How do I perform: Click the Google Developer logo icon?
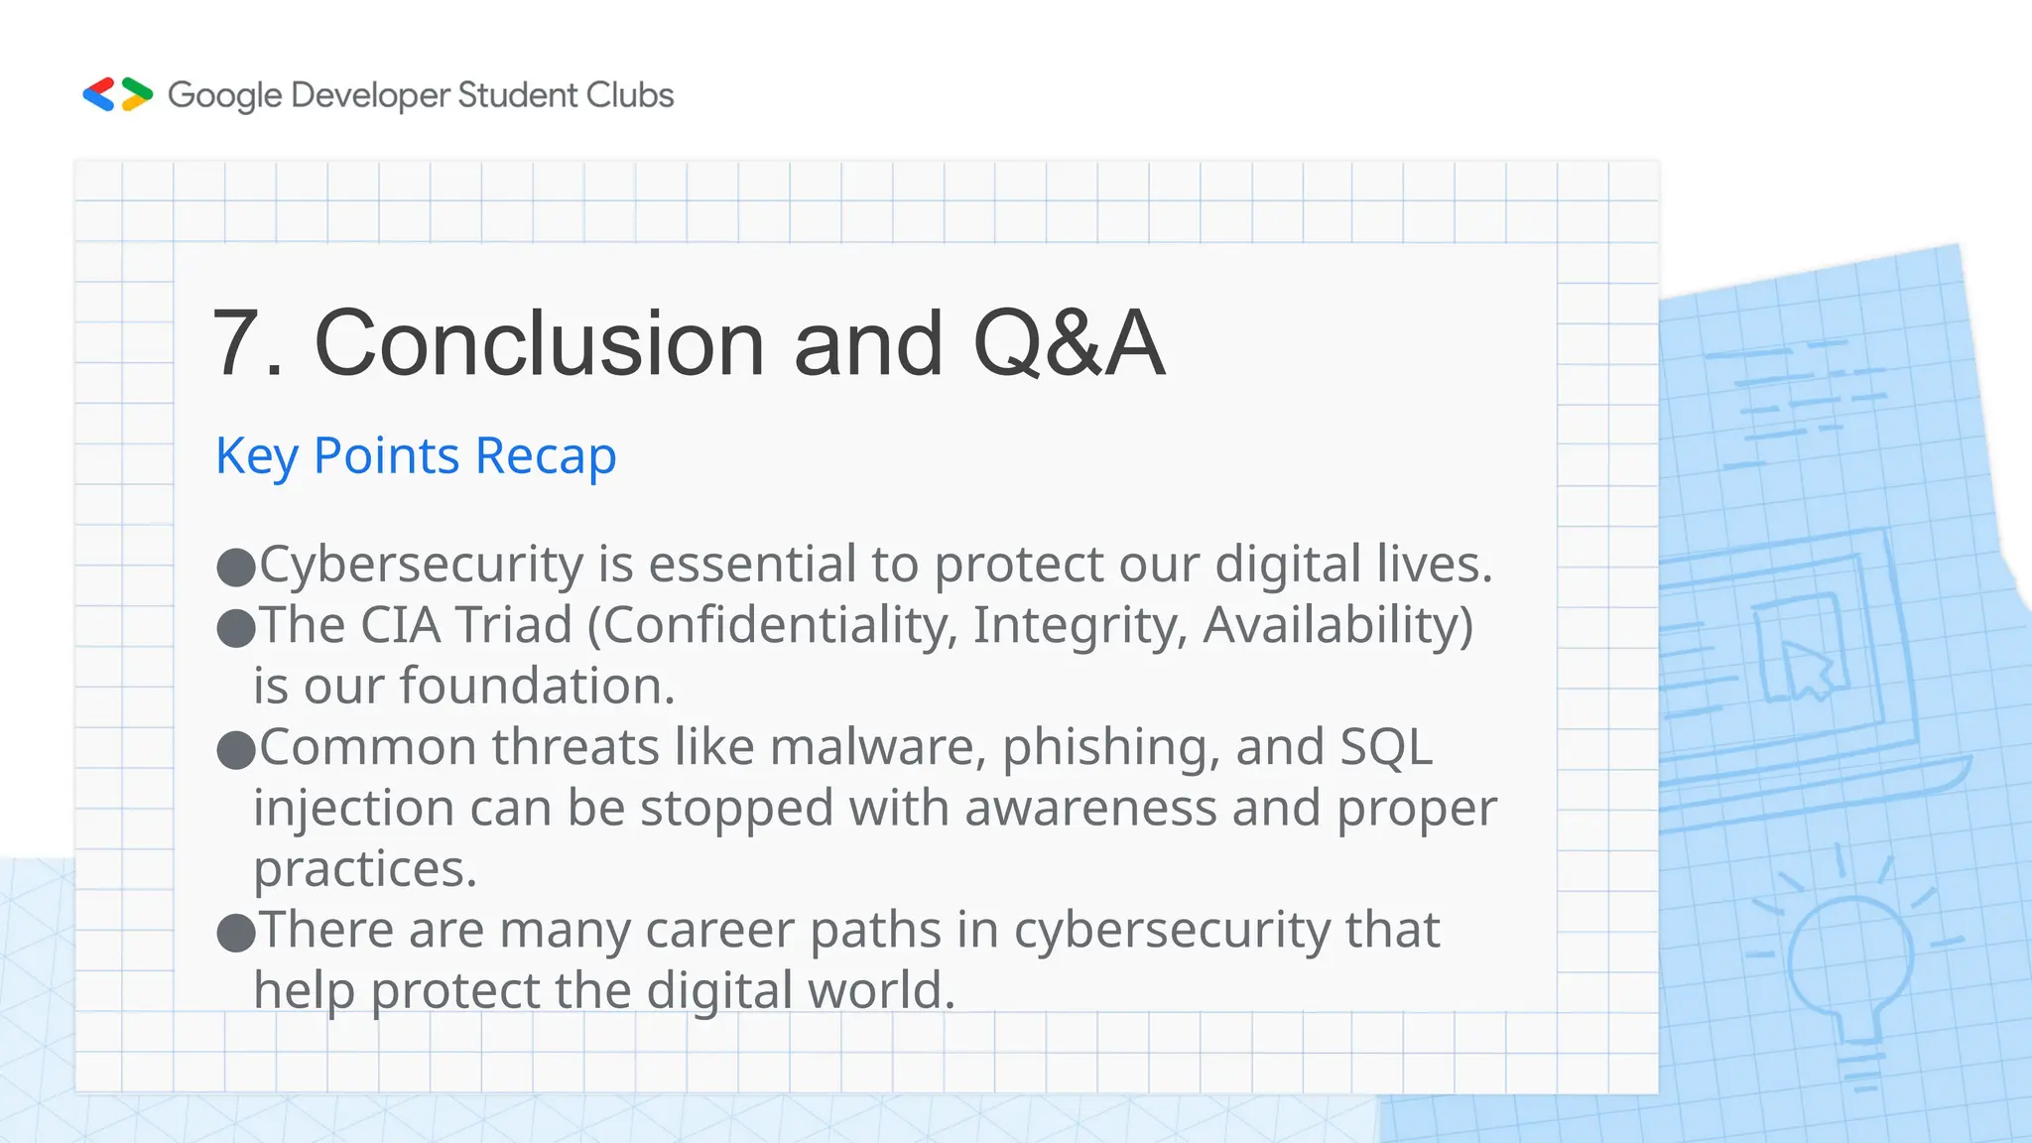point(117,94)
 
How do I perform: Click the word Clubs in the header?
point(629,95)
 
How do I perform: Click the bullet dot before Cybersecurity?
point(236,567)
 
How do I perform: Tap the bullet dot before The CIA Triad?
point(236,628)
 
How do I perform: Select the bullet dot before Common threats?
point(236,750)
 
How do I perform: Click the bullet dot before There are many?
point(236,933)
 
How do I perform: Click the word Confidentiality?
point(780,626)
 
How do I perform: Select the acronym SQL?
point(1386,747)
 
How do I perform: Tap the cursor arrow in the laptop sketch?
point(1807,668)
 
